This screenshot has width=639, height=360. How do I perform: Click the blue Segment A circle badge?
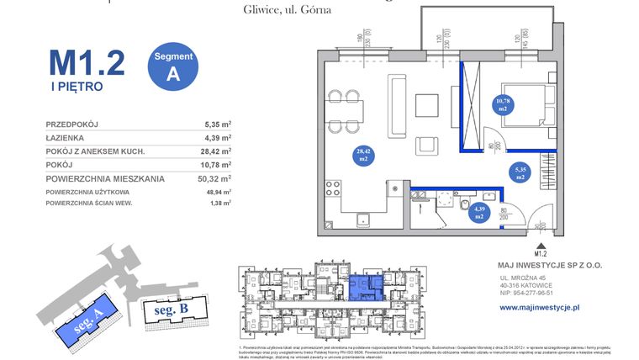[x=173, y=65]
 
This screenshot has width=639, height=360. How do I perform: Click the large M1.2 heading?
[x=87, y=61]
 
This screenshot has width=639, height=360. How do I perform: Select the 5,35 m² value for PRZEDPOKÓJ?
[x=219, y=124]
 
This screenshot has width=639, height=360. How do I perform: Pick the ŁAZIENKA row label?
[x=68, y=137]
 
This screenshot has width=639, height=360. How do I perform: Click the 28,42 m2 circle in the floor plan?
[x=364, y=153]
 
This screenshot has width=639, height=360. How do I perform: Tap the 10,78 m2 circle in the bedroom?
[x=503, y=104]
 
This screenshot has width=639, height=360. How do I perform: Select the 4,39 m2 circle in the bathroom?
[x=478, y=212]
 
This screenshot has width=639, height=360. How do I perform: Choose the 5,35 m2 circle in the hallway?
[x=520, y=174]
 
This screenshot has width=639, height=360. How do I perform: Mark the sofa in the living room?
[x=397, y=105]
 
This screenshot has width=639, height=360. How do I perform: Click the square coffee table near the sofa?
[x=427, y=104]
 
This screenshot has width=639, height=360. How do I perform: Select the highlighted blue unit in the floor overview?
[x=363, y=289]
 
